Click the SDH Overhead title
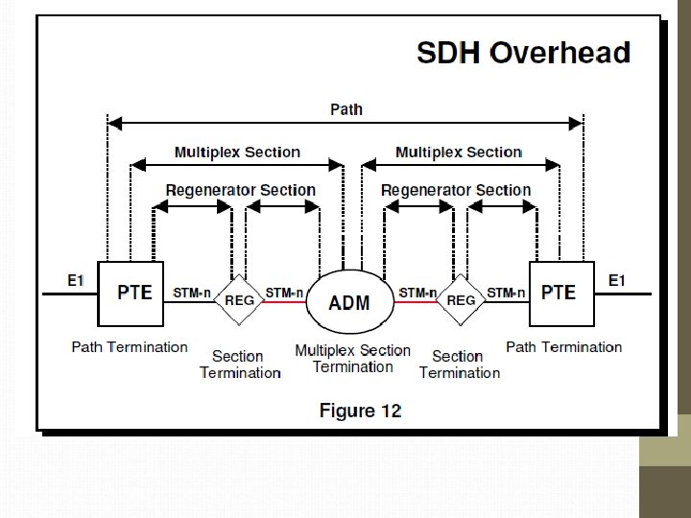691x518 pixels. (x=523, y=52)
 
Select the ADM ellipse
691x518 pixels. (x=349, y=301)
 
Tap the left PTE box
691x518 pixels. (x=132, y=292)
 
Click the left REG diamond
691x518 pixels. (x=239, y=301)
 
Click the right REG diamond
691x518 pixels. (x=462, y=301)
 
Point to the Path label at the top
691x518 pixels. (x=346, y=109)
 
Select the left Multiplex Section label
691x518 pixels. (x=237, y=152)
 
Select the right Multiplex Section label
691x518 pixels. (x=459, y=152)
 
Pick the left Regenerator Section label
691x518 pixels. (x=240, y=189)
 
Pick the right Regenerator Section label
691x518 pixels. (x=456, y=189)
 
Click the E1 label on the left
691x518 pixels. (x=76, y=280)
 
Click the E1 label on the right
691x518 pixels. (x=617, y=280)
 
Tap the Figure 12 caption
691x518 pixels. (x=360, y=411)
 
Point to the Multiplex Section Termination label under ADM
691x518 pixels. (x=352, y=359)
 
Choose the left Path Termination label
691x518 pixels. (x=130, y=346)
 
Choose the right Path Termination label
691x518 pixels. (x=563, y=346)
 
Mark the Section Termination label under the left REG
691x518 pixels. (x=240, y=365)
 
